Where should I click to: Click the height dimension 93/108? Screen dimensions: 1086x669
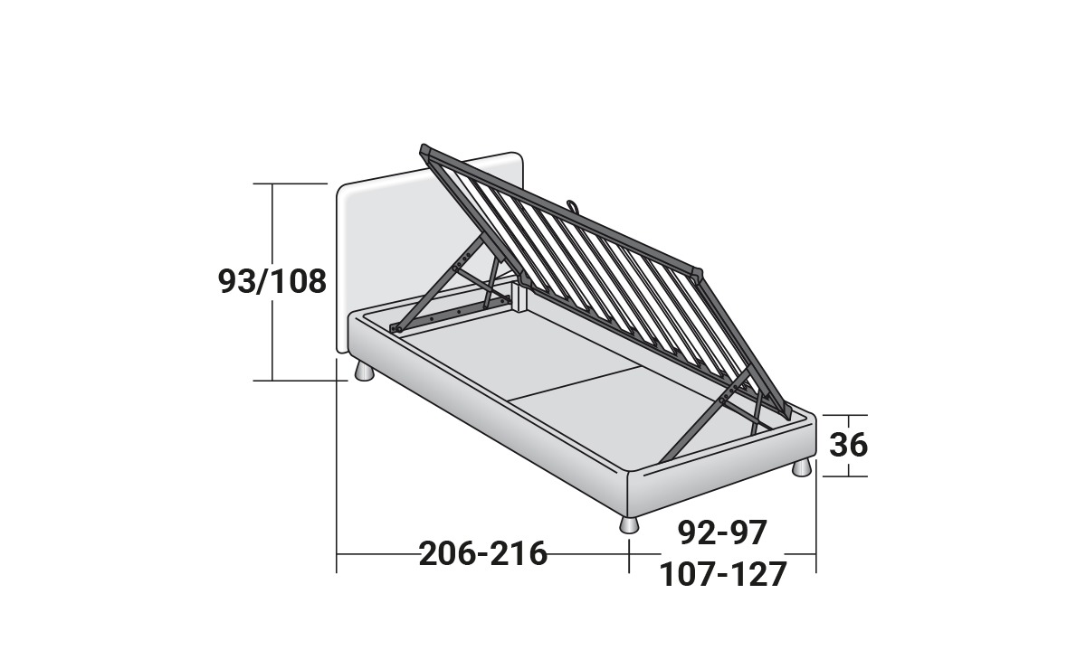(x=272, y=281)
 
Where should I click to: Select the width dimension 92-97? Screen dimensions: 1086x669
(x=722, y=532)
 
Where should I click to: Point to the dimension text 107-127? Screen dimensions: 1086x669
(x=723, y=575)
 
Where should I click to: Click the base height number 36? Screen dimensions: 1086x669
(x=849, y=445)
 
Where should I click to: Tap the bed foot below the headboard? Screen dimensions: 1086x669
(x=364, y=372)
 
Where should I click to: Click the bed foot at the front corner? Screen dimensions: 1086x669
(x=629, y=523)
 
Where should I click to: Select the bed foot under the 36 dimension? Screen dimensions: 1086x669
(x=801, y=467)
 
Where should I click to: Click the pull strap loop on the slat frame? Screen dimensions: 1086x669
(x=573, y=206)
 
